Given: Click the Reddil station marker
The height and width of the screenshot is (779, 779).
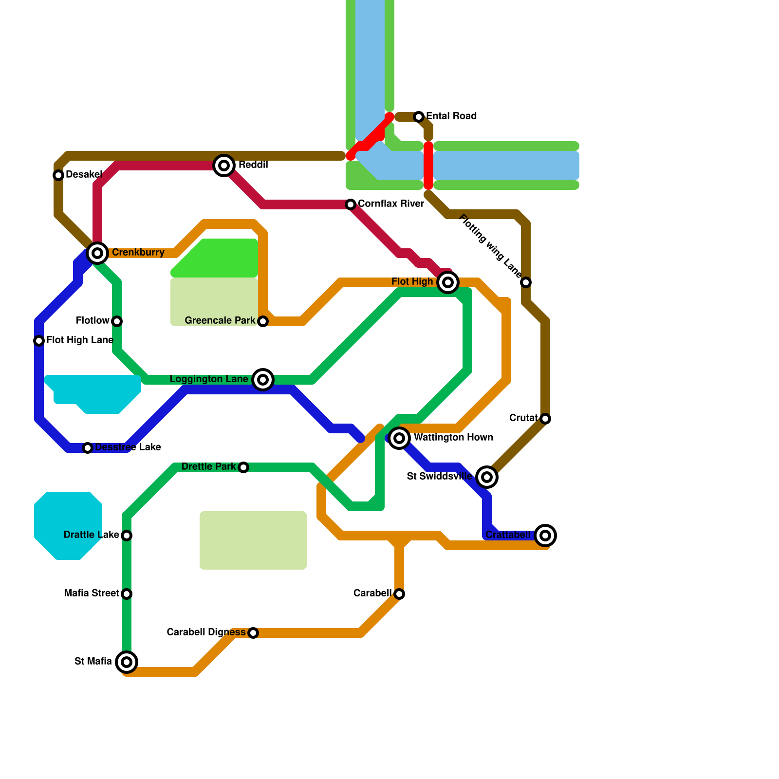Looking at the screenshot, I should tap(224, 166).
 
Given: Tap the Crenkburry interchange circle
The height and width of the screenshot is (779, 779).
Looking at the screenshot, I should tap(97, 253).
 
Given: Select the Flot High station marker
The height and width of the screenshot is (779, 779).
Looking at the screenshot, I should tap(448, 282).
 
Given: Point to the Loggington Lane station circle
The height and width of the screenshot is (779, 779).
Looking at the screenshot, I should tap(263, 380).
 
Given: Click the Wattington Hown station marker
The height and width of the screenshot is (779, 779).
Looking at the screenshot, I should tap(399, 438).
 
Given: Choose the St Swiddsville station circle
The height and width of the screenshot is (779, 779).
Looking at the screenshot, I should tap(487, 477).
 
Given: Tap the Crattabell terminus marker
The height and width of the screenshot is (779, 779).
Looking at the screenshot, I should tap(545, 536).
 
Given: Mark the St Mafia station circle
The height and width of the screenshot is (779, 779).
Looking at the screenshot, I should tap(127, 662).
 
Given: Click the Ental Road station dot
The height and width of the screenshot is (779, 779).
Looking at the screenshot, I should tap(419, 117).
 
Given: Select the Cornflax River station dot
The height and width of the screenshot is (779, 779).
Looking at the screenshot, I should tap(351, 204).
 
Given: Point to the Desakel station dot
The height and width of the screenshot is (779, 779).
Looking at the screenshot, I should tap(58, 175).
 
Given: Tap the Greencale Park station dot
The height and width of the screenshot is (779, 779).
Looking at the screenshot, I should tap(263, 321).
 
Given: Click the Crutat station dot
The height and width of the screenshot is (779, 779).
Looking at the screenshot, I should tap(545, 419).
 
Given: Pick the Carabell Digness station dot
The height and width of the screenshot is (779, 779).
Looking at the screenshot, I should tap(253, 633).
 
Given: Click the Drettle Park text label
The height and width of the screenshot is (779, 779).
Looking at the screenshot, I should tap(208, 467).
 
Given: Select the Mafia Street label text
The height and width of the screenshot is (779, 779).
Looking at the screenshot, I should tap(92, 594).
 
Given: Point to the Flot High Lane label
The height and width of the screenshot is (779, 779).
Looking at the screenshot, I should tap(80, 340).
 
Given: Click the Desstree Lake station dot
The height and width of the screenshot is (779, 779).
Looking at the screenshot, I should tap(88, 448).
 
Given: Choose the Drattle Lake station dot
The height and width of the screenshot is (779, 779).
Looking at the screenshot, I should tap(127, 536).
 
